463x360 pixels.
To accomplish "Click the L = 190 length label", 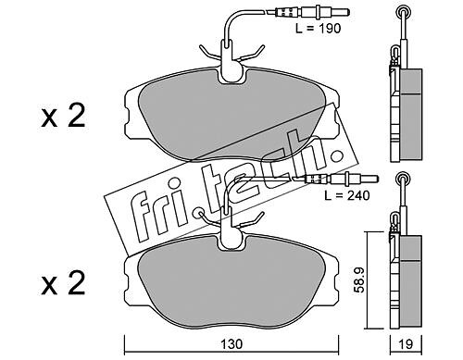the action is pyautogui.click(x=318, y=29).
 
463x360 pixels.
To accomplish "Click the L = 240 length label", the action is pyautogui.click(x=347, y=195).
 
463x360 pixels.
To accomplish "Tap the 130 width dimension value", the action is pyautogui.click(x=231, y=344).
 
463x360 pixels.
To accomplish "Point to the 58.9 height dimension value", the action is pyautogui.click(x=360, y=280).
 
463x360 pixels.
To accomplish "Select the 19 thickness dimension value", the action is pyautogui.click(x=406, y=344).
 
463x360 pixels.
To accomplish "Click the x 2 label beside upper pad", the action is pyautogui.click(x=63, y=117).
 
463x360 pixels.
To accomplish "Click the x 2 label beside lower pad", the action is pyautogui.click(x=63, y=284).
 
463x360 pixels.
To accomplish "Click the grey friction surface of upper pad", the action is pyautogui.click(x=231, y=118).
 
